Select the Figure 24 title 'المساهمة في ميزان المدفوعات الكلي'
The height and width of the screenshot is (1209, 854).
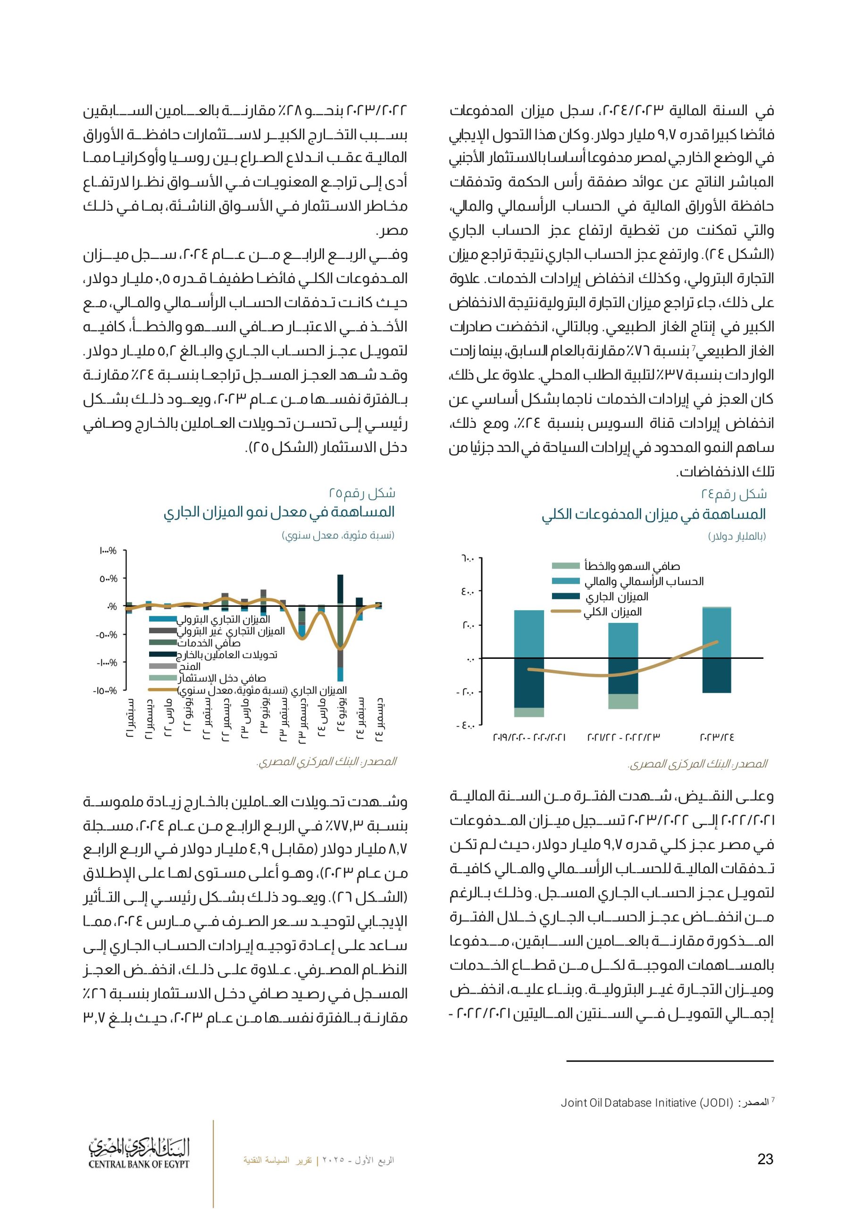tap(653, 514)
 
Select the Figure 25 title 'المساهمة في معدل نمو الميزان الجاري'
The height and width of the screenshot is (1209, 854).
tap(279, 512)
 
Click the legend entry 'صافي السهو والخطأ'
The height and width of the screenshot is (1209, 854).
tap(632, 566)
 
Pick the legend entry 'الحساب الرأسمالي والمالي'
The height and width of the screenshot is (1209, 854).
tap(644, 581)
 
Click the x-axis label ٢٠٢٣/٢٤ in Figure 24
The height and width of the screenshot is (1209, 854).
tap(716, 738)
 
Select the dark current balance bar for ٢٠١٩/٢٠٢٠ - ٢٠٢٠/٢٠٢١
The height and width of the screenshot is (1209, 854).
tap(529, 682)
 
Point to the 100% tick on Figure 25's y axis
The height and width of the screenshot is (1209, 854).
tap(108, 551)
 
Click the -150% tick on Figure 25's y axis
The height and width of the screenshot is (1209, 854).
tap(106, 690)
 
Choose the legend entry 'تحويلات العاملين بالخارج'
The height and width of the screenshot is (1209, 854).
tap(227, 655)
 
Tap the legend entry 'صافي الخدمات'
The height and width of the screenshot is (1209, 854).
tap(209, 642)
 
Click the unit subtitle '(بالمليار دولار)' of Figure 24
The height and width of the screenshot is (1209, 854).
tap(737, 536)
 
